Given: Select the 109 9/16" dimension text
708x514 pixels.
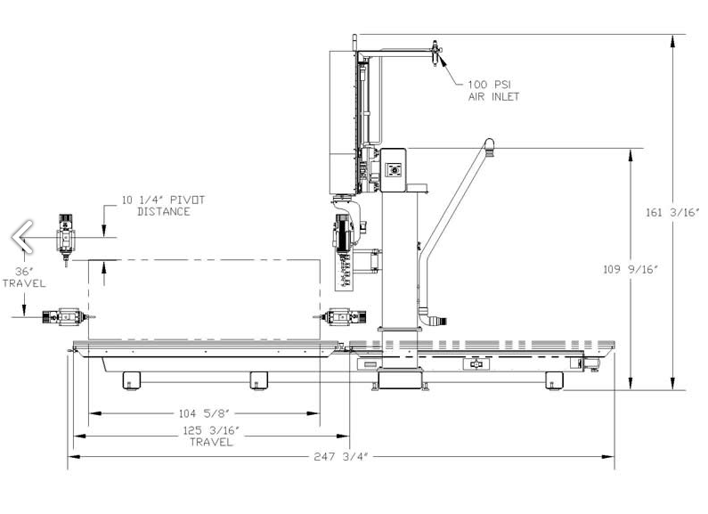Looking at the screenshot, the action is tap(631, 270).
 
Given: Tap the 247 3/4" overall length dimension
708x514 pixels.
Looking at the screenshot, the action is tap(341, 457).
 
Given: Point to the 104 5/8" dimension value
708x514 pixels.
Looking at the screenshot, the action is tap(205, 413).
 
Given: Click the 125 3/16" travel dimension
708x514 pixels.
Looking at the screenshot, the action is tap(211, 436).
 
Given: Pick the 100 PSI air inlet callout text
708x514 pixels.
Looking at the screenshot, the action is tap(493, 90).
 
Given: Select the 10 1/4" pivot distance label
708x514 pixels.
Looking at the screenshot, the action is tap(164, 206).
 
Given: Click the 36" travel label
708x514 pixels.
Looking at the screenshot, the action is tap(24, 277).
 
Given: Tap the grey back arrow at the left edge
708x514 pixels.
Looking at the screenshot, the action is tap(22, 236).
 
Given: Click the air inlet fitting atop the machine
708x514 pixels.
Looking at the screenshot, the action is tap(435, 53).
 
